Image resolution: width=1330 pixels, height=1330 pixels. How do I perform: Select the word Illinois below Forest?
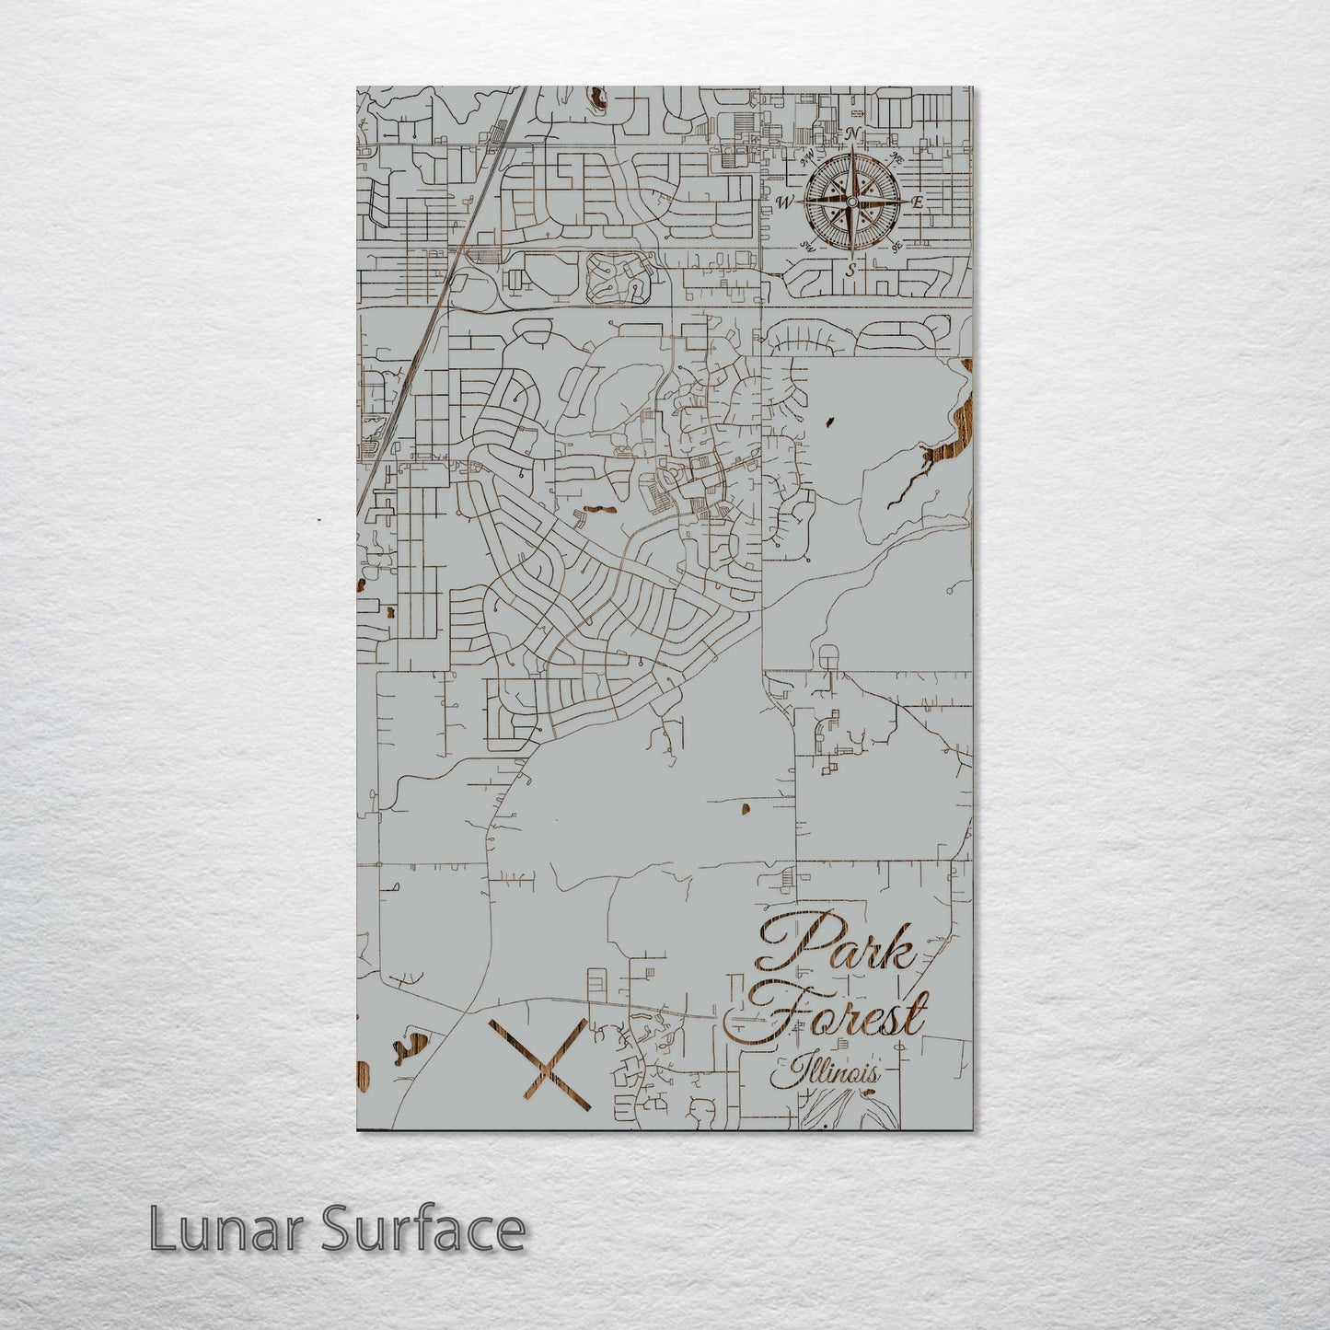(826, 1073)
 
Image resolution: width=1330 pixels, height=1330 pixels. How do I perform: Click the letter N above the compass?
(852, 134)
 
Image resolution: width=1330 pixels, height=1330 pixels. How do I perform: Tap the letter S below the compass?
(850, 270)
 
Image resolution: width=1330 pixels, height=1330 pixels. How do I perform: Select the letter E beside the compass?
(917, 202)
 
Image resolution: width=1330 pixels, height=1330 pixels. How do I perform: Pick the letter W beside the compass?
(785, 202)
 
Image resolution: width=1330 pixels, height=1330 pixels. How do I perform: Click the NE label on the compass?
(897, 158)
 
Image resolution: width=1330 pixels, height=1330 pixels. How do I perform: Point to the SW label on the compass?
(807, 246)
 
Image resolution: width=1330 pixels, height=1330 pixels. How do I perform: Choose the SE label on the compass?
(896, 246)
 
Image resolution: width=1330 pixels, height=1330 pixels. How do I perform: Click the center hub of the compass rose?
(851, 202)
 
